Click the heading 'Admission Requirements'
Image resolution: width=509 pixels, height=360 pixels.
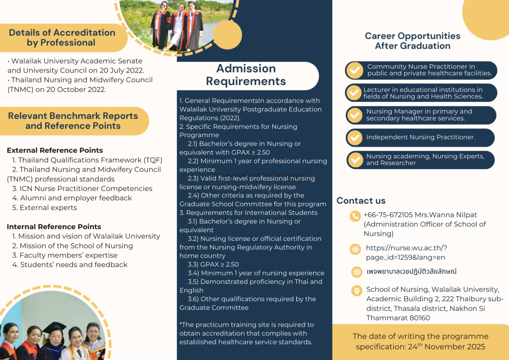[246, 75]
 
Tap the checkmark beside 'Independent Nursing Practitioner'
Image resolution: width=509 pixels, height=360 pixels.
[355, 137]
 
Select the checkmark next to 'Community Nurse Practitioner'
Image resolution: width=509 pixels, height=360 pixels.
[355, 70]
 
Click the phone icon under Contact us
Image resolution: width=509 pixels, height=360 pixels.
[355, 216]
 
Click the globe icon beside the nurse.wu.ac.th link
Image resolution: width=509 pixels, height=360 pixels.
[355, 249]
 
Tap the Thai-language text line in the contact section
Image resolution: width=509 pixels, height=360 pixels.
[411, 271]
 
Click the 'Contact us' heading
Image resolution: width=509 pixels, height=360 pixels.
[361, 201]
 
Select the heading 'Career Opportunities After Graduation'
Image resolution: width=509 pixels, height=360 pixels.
[413, 41]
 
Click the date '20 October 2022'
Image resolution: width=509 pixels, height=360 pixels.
[76, 90]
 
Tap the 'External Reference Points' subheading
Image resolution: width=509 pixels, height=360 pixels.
[55, 150]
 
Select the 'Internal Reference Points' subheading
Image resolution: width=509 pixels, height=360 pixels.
[54, 227]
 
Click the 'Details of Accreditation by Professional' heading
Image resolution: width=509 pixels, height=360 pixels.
[62, 38]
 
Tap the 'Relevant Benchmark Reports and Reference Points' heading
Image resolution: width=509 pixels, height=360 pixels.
[73, 121]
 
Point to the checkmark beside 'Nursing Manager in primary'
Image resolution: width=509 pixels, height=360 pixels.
[355, 115]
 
